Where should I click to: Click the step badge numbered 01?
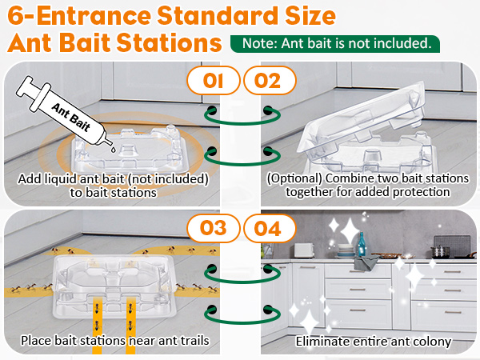point(214,81)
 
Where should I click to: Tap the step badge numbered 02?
point(270,81)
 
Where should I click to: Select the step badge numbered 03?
point(214,228)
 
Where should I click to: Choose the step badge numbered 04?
point(270,228)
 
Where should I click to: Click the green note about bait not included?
point(335,44)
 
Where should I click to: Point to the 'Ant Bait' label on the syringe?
point(71,118)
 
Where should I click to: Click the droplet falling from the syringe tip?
point(113,150)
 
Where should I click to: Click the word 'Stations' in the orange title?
point(170,43)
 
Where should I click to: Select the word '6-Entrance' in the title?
point(79,16)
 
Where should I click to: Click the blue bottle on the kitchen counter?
point(362,244)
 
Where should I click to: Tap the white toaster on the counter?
point(304,250)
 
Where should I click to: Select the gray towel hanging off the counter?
point(366,263)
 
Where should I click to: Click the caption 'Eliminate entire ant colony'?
point(374,342)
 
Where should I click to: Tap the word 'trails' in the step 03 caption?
point(194,341)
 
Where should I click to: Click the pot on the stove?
point(441,251)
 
